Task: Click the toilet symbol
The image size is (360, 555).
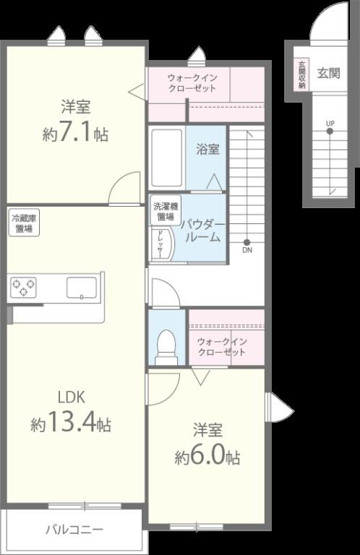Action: (166, 347)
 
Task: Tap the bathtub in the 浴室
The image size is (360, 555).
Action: (167, 158)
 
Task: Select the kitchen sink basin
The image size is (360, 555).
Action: (82, 288)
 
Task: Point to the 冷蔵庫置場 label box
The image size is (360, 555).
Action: (24, 223)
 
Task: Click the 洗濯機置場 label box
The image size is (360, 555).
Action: (166, 211)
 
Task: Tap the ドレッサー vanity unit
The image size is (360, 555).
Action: (162, 244)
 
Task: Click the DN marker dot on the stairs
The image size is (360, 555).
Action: (247, 243)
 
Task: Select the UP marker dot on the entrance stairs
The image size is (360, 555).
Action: (330, 132)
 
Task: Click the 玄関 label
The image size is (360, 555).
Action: (328, 73)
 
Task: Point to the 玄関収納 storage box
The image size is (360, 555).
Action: (301, 74)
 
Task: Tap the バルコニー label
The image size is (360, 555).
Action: (74, 530)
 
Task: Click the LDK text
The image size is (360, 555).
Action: (71, 397)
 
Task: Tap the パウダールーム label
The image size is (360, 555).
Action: (204, 231)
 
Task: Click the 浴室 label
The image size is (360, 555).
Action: (207, 149)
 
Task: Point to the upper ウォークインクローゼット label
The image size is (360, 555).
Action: (192, 83)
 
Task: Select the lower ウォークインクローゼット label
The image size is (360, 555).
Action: (222, 347)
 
